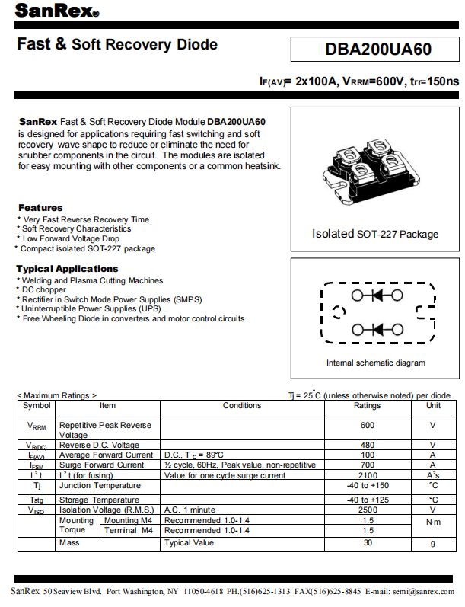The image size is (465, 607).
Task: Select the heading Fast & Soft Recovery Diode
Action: coord(117,45)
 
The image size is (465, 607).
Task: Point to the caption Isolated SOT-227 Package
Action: coord(375,234)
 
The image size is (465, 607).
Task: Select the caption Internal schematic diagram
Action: coord(376,363)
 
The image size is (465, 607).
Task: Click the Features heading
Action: coord(40,208)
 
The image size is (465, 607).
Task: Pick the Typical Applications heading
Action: coord(68,269)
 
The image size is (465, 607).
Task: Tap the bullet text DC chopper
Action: coord(44,290)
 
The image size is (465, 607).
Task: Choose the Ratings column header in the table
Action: coord(368,406)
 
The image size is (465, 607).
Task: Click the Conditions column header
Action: coord(242,406)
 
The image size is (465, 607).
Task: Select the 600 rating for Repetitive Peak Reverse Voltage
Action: coord(368,426)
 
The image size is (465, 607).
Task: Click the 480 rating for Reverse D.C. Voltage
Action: coord(368,445)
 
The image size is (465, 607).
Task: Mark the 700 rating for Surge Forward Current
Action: coord(368,465)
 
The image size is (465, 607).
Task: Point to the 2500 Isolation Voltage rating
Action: coord(368,510)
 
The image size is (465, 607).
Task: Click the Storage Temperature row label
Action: coord(99,500)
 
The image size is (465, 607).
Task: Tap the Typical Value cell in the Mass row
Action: coord(190,543)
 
